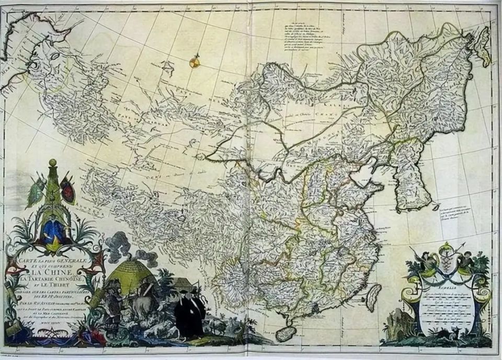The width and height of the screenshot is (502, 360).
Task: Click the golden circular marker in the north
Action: (x=194, y=63)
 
